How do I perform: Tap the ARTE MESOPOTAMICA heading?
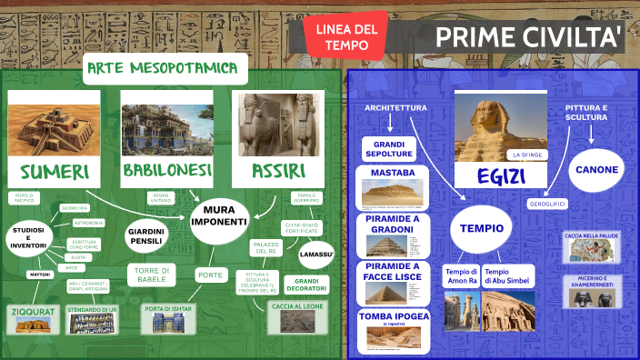(x=165, y=68)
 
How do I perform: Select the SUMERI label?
(x=55, y=172)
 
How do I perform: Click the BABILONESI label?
(x=167, y=170)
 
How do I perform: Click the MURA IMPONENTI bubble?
(x=219, y=215)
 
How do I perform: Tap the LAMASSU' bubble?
(x=316, y=254)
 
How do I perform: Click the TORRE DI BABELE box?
(x=153, y=275)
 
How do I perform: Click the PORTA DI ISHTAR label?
(x=168, y=309)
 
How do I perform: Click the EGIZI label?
(x=499, y=175)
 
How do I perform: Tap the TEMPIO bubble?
(x=480, y=229)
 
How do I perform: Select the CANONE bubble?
(x=596, y=169)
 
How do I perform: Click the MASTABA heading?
(x=394, y=173)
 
